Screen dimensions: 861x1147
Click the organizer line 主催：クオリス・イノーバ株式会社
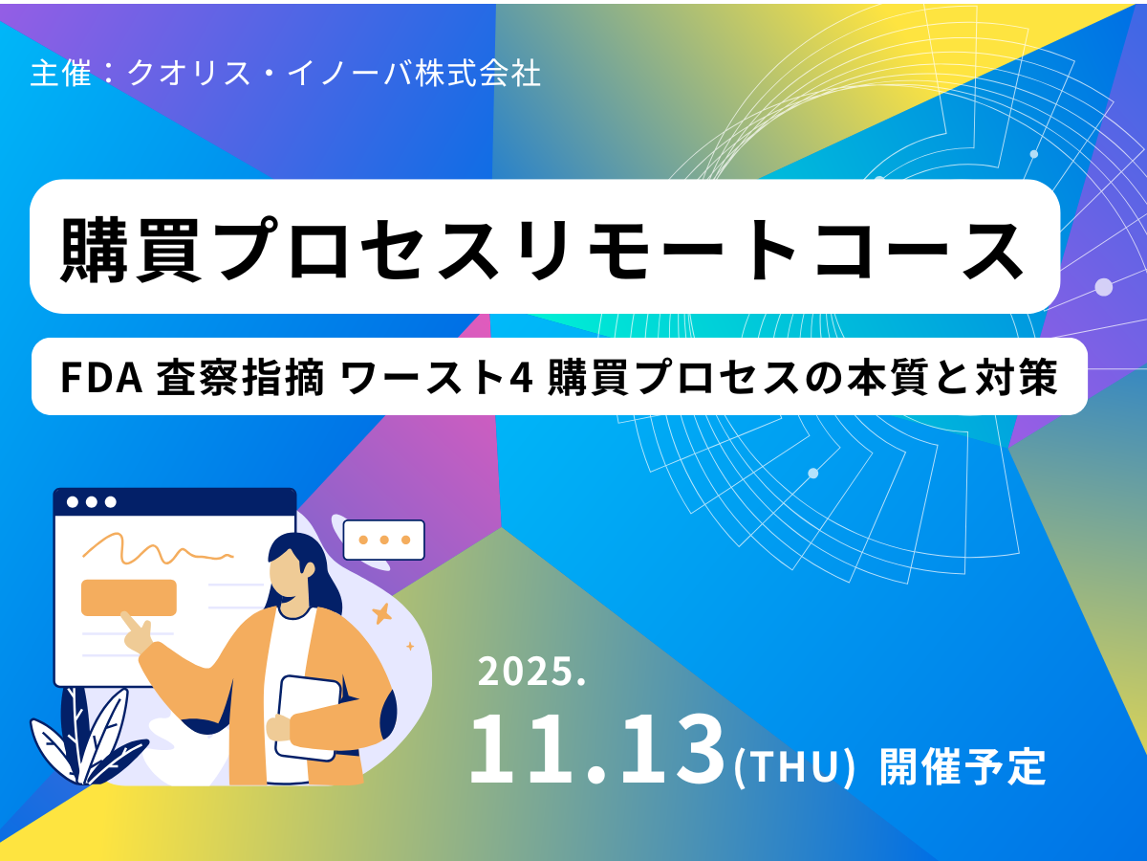286,75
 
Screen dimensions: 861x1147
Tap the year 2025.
530,673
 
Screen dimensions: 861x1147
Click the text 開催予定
962,766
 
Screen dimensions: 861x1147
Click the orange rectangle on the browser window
129,597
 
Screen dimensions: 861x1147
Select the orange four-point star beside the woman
382,613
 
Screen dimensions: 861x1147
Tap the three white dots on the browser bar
92,501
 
